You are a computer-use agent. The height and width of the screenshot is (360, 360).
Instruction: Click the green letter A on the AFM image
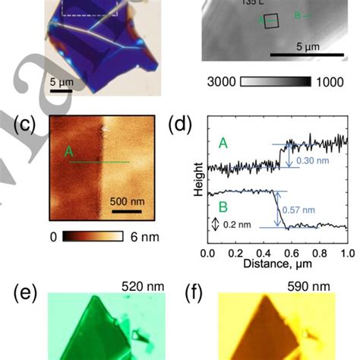(x=68, y=153)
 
